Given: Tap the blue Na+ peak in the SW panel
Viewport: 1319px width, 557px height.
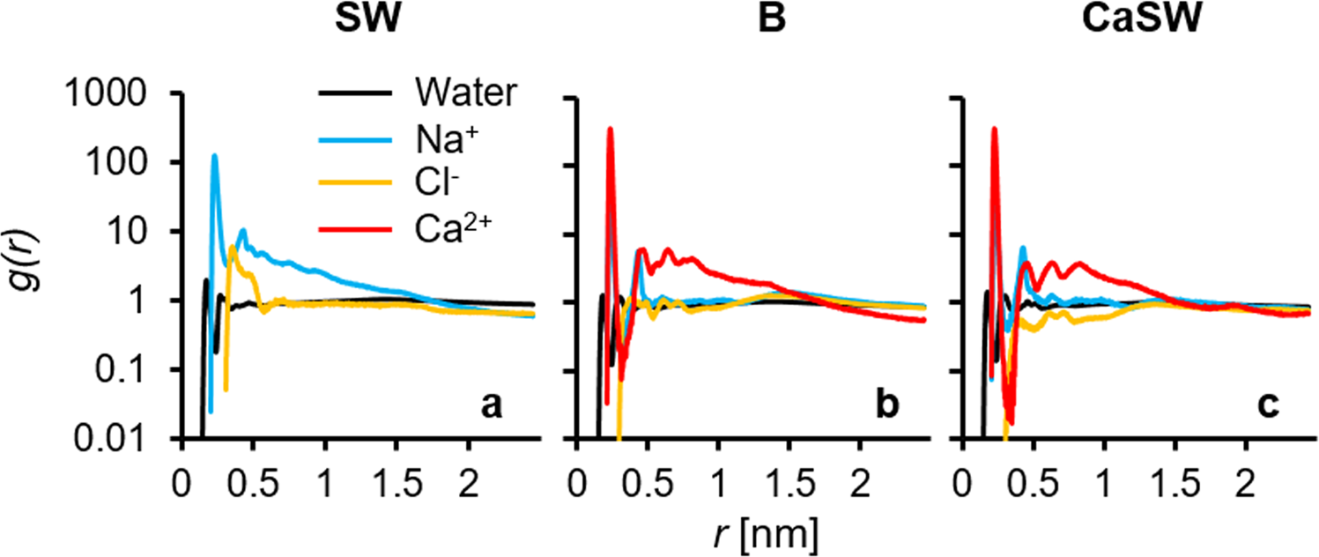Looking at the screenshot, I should point(214,157).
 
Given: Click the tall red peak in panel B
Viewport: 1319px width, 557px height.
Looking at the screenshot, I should point(610,130).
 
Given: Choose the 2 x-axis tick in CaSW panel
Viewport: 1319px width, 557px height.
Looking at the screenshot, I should point(1243,464).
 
